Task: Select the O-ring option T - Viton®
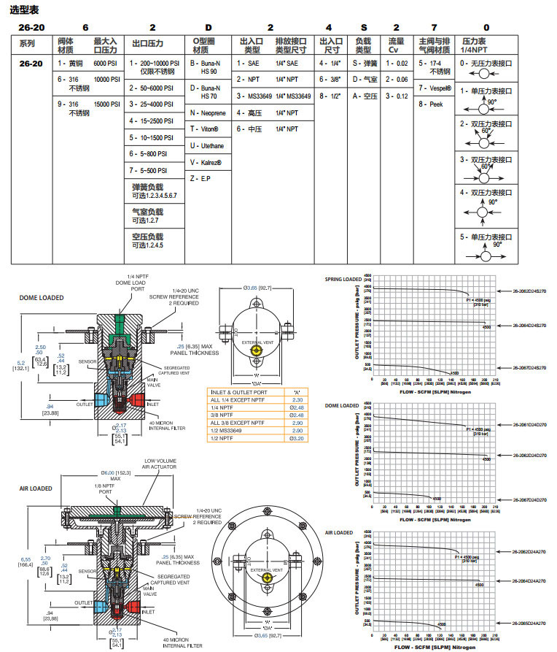point(206,129)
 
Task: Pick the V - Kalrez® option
point(206,162)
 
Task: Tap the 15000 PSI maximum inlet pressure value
point(106,104)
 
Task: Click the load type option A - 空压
point(365,96)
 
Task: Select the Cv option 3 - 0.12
point(397,96)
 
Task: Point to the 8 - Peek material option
point(431,104)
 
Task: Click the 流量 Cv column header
point(396,45)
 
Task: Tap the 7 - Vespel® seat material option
point(435,88)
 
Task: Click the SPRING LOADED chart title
point(343,279)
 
